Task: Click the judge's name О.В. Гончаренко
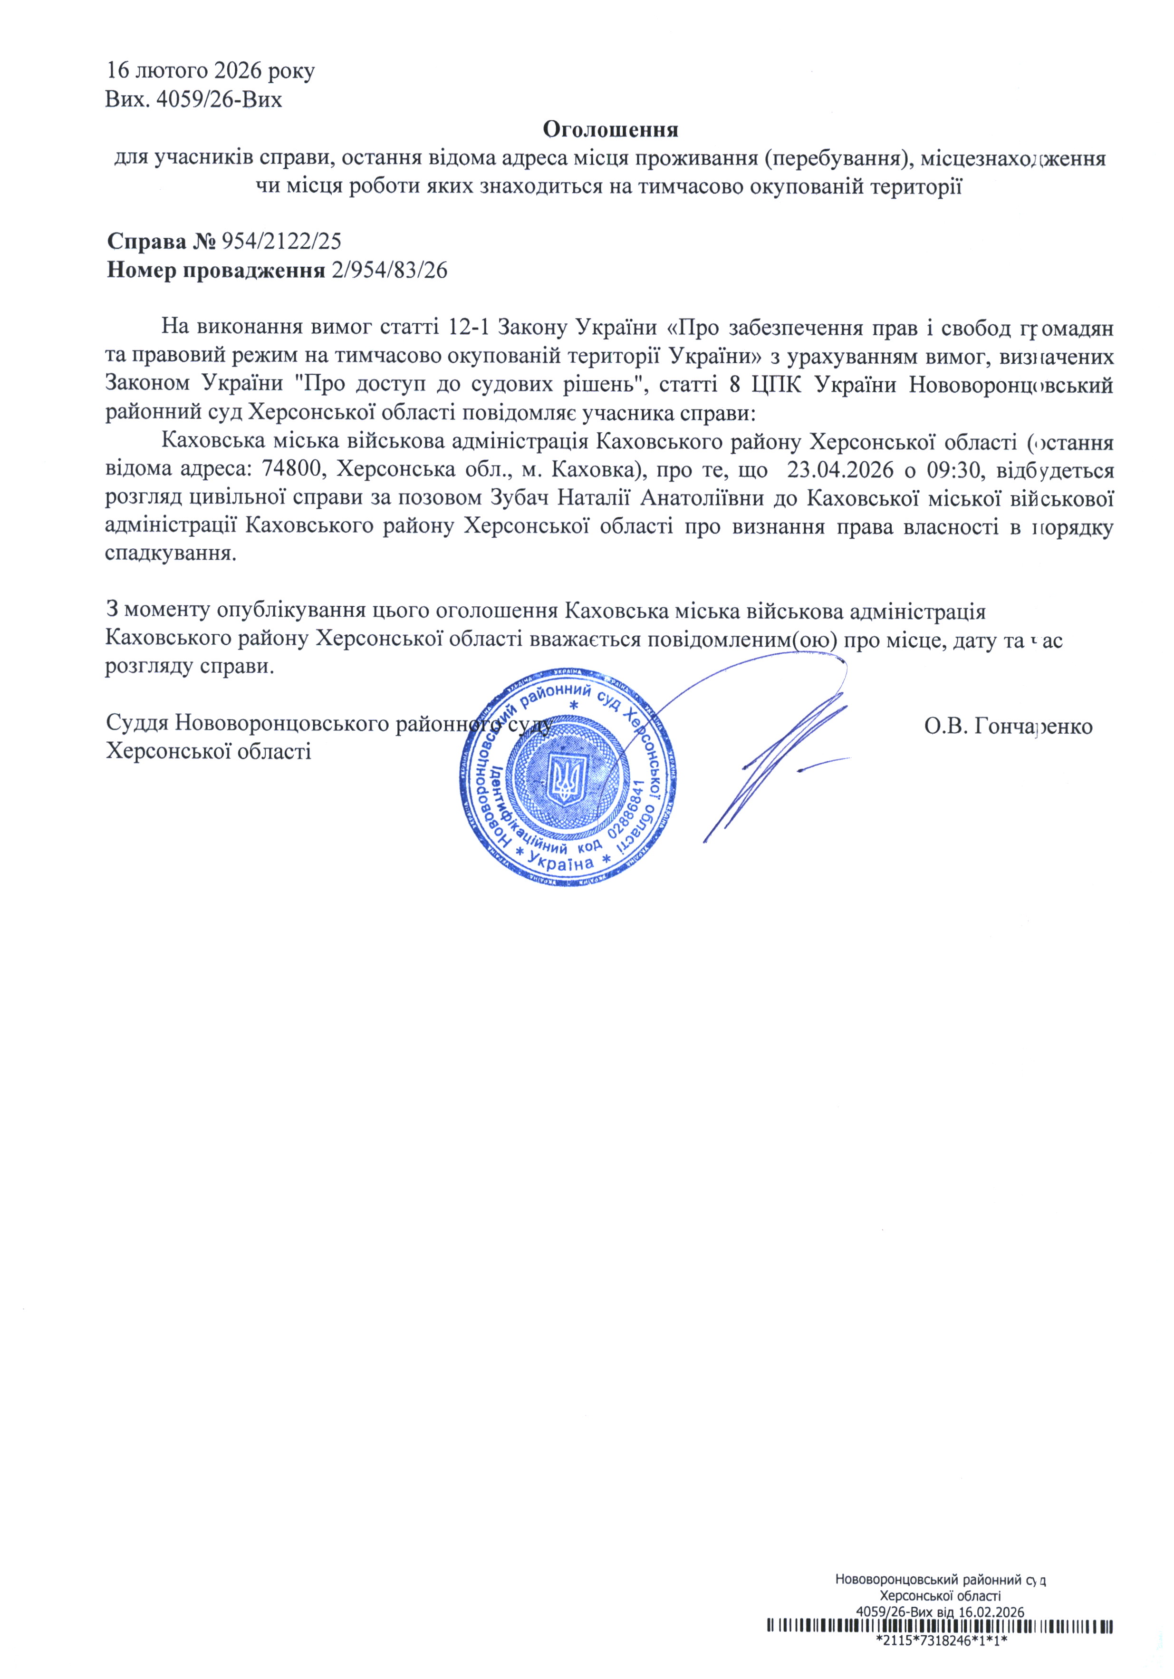tap(1008, 726)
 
